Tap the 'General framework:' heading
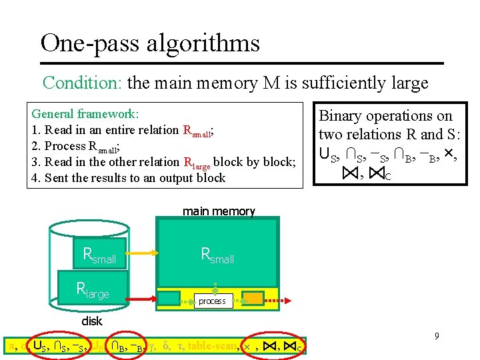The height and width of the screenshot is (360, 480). [x=85, y=114]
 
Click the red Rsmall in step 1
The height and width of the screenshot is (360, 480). [x=197, y=131]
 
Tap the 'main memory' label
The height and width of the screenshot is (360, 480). [x=219, y=211]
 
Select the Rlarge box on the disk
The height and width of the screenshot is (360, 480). [x=93, y=289]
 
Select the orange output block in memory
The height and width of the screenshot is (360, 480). [x=253, y=298]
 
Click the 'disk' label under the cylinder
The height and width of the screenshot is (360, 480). [x=92, y=321]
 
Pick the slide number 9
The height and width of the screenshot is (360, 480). [x=437, y=336]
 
